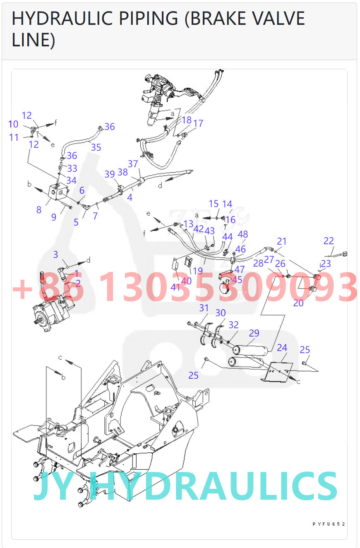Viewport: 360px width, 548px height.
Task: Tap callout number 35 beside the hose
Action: click(x=96, y=147)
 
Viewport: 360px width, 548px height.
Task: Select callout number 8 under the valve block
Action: click(x=39, y=210)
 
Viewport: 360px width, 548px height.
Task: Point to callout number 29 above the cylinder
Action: click(x=254, y=333)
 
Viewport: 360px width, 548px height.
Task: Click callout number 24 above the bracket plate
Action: click(x=282, y=348)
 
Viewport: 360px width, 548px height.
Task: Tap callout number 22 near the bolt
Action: click(x=329, y=241)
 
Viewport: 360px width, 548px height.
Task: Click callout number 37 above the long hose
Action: click(x=133, y=164)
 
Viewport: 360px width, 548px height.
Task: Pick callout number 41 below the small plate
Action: click(x=175, y=287)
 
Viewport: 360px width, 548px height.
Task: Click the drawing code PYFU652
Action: click(x=329, y=524)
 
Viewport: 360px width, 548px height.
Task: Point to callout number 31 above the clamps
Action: click(x=204, y=308)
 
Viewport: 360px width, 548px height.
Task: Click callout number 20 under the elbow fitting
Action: click(x=298, y=303)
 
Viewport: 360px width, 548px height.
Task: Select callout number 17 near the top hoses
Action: click(x=198, y=123)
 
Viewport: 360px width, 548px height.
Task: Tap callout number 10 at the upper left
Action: click(x=13, y=124)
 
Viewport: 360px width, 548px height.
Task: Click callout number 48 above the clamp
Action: click(x=243, y=235)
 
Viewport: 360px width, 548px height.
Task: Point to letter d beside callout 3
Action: click(x=88, y=260)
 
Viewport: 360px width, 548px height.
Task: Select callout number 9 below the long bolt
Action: click(x=54, y=217)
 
